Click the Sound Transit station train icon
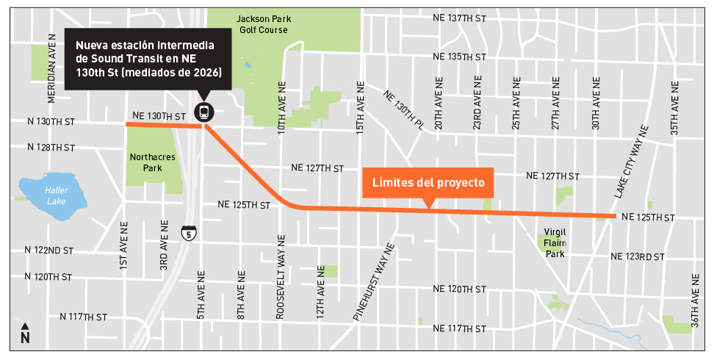[x=203, y=112]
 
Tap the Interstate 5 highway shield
[x=189, y=234]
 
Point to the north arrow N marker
[x=25, y=334]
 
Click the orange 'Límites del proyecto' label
[x=428, y=182]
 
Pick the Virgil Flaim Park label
[x=555, y=242]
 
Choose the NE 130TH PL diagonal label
[x=403, y=110]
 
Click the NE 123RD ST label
[x=638, y=256]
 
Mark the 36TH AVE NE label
[x=695, y=302]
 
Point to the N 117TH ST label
[x=84, y=317]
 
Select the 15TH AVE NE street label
[x=361, y=107]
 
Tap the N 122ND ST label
[x=48, y=251]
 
